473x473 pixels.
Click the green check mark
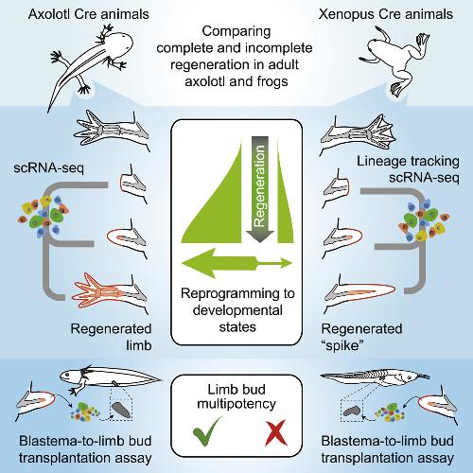(x=205, y=433)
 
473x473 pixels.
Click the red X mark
(x=276, y=432)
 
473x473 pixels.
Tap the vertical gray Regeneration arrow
(x=260, y=189)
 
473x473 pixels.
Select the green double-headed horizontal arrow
(x=236, y=263)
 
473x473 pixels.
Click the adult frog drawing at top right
(x=394, y=60)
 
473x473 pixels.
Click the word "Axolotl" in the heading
(x=48, y=14)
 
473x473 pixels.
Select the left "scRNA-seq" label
(x=49, y=167)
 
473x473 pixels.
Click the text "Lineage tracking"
(x=408, y=162)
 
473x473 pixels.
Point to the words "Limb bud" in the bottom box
(x=236, y=390)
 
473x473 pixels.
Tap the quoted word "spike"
(x=342, y=346)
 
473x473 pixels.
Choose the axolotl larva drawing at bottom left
(x=111, y=378)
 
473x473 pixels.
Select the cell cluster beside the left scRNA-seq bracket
(x=44, y=216)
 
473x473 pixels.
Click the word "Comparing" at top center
(x=236, y=31)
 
